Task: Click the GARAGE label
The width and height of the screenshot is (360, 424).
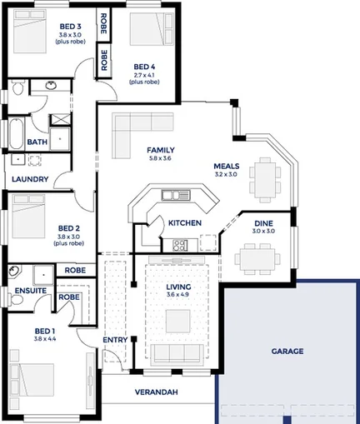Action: click(287, 352)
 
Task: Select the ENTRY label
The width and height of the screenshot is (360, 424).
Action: click(114, 340)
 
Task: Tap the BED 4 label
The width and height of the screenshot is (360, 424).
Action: click(145, 67)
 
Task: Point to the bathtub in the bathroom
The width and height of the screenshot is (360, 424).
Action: click(16, 132)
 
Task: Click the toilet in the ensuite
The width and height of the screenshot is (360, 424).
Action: click(15, 273)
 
